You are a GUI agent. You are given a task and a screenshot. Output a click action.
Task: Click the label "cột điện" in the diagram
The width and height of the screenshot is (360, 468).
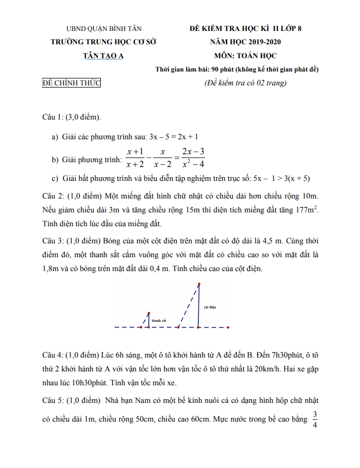click(210, 307)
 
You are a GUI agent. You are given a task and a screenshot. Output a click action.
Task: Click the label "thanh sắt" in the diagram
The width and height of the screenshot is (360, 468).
click(159, 321)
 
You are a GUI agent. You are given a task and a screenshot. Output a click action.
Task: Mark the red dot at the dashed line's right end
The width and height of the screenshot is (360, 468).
click(229, 327)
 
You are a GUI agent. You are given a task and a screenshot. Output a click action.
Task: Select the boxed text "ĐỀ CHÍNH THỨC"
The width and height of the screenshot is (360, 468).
click(71, 83)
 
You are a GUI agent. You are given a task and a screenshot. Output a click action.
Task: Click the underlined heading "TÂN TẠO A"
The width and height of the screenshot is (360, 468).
click(103, 55)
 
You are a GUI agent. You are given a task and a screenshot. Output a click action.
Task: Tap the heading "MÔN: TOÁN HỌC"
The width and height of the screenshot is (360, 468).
click(245, 55)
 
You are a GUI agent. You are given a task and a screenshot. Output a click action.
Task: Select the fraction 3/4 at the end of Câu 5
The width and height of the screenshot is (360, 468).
click(315, 419)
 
